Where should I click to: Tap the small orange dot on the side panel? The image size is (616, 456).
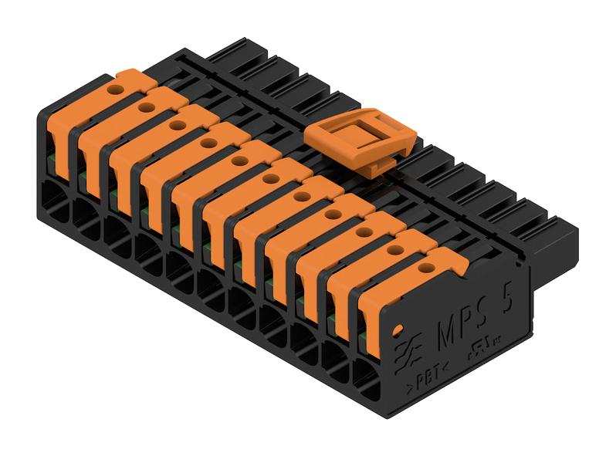pos(396,330)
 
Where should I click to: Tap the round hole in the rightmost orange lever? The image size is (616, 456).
pos(425,269)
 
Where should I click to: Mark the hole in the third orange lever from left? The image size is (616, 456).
pos(177,123)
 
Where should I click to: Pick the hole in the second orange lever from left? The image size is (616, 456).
pos(145,107)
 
